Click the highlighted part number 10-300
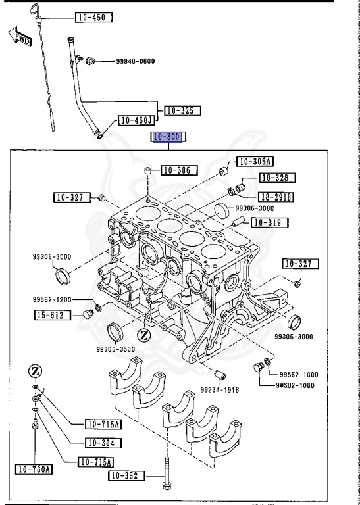point(169,137)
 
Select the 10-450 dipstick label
point(95,16)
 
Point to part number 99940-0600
point(135,62)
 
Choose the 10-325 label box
point(182,110)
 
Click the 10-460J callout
point(136,120)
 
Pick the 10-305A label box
point(255,161)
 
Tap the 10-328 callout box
point(276,178)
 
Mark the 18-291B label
point(276,196)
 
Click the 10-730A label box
point(34,469)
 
